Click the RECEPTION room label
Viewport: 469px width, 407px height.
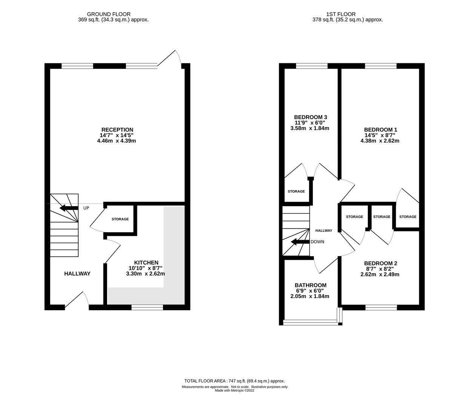click(117, 130)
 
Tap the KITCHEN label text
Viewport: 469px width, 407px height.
click(146, 263)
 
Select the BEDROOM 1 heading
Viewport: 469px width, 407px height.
click(380, 130)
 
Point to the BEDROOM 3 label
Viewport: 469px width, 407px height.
click(311, 117)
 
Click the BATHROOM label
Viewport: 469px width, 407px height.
click(311, 285)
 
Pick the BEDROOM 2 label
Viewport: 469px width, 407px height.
click(380, 263)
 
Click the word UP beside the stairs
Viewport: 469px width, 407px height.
click(86, 208)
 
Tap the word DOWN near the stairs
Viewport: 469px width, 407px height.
click(317, 242)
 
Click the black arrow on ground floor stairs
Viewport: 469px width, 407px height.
click(69, 208)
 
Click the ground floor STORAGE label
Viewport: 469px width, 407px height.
click(120, 219)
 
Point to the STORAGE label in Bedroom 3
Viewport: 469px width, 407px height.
click(296, 191)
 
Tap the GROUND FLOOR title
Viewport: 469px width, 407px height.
click(109, 14)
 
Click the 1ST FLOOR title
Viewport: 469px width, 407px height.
click(341, 14)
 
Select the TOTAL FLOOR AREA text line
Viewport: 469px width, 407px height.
click(235, 381)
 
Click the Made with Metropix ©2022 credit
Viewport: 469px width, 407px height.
click(235, 391)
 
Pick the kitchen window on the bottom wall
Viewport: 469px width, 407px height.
click(147, 308)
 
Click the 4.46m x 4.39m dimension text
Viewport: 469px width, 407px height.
click(117, 141)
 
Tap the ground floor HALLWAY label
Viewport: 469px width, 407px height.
click(77, 274)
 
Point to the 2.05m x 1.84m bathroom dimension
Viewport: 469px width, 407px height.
click(310, 296)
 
